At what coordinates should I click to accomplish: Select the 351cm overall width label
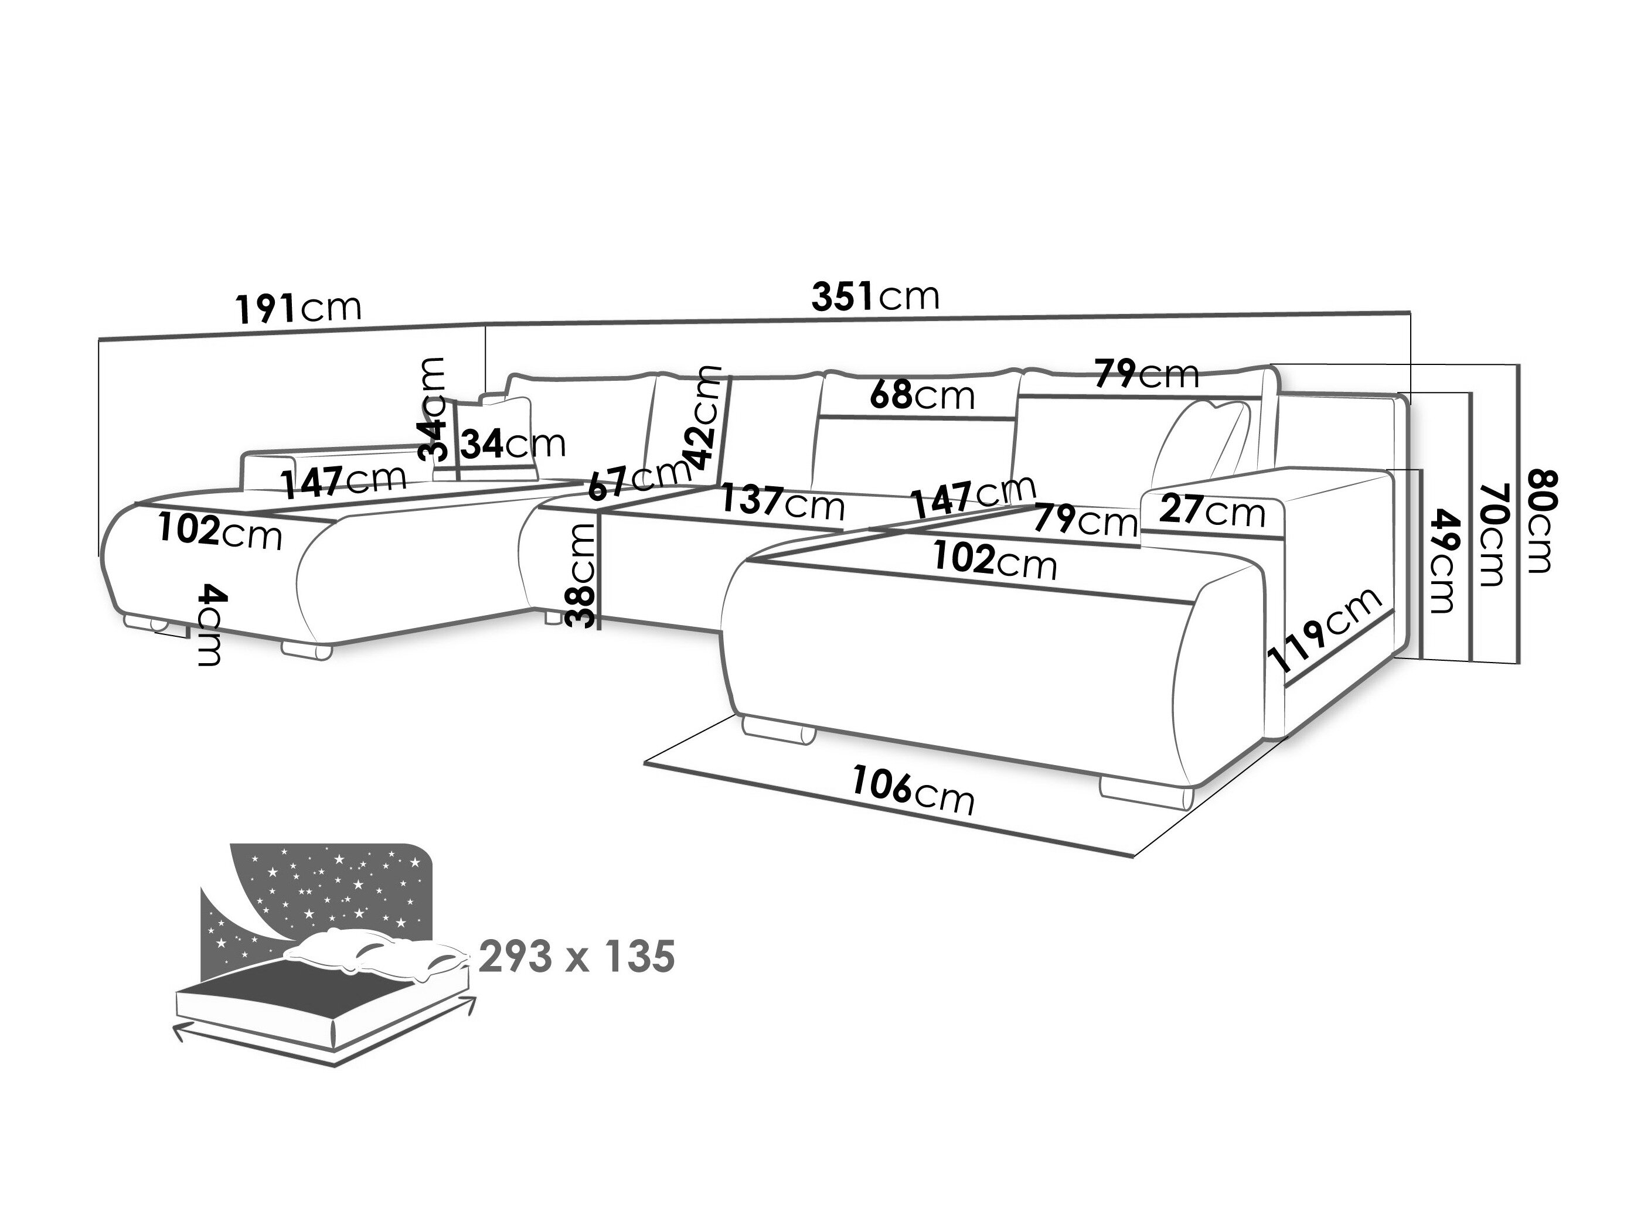(x=875, y=296)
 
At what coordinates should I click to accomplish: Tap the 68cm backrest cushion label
(x=921, y=395)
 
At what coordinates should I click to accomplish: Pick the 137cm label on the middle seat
(x=782, y=503)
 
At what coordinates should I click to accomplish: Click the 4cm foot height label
(x=210, y=624)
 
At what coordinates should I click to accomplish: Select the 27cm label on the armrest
(x=1211, y=511)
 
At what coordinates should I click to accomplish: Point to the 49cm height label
(x=1441, y=559)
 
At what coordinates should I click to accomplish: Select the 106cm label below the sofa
(x=912, y=791)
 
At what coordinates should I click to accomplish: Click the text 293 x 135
(x=577, y=956)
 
